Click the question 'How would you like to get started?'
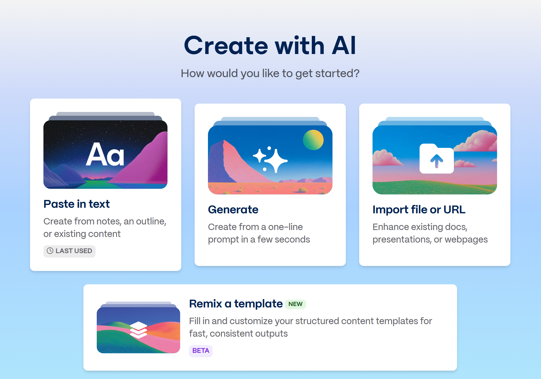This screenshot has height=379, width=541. (x=270, y=74)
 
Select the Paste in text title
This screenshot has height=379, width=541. (x=77, y=204)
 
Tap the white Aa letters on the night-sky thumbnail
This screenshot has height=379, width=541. (x=105, y=154)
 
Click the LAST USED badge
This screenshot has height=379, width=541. (x=70, y=251)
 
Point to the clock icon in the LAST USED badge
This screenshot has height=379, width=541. (x=50, y=251)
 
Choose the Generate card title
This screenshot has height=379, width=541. (x=233, y=209)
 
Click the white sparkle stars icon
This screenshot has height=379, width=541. (x=270, y=159)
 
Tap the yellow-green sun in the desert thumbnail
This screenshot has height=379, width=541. (x=313, y=140)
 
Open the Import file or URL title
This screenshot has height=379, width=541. (x=419, y=209)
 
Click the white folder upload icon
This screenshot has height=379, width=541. (x=436, y=159)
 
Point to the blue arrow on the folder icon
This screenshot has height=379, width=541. (x=436, y=161)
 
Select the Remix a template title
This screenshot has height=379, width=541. (x=236, y=304)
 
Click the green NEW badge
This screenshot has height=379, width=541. (x=295, y=304)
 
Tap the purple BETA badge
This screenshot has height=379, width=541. (x=201, y=351)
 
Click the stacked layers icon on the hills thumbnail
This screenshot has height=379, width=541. (x=138, y=330)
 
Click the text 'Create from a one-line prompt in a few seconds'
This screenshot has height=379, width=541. (x=259, y=233)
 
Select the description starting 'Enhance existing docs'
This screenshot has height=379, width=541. (x=430, y=233)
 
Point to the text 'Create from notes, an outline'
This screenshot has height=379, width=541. (x=105, y=221)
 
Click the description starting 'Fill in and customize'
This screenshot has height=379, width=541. (x=311, y=327)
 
